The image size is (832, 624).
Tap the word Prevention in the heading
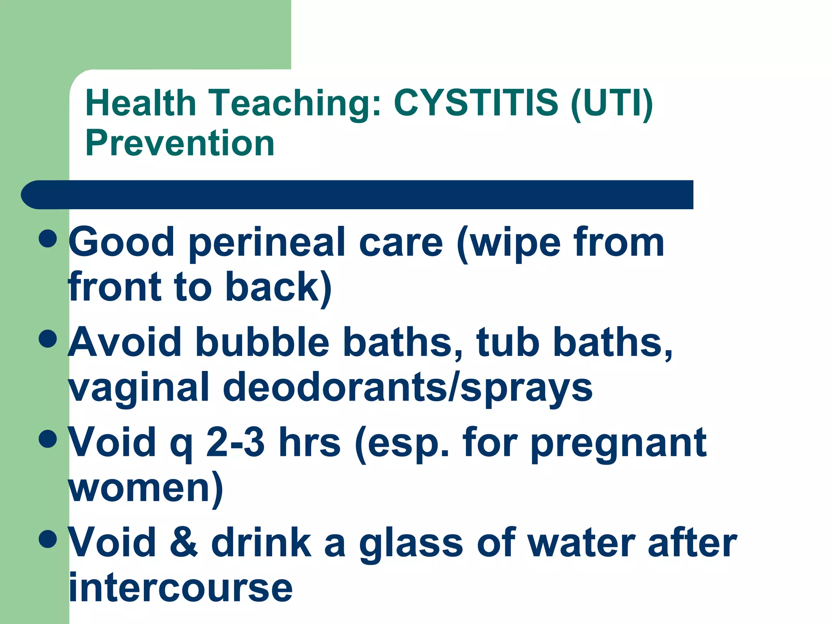(x=180, y=143)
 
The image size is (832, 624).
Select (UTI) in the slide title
(x=611, y=103)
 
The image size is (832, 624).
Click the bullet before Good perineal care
(x=48, y=238)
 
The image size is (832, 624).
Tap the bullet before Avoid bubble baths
(x=48, y=338)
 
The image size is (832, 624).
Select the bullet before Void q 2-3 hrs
(x=48, y=439)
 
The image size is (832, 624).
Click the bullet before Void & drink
(x=48, y=539)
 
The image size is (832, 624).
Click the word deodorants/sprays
(x=407, y=388)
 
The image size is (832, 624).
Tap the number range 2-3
(x=235, y=442)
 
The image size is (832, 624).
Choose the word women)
(x=145, y=488)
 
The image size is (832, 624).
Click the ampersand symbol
(x=184, y=542)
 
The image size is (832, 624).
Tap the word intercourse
(x=180, y=587)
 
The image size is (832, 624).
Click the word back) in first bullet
(x=278, y=288)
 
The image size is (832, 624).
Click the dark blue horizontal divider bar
(x=357, y=195)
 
